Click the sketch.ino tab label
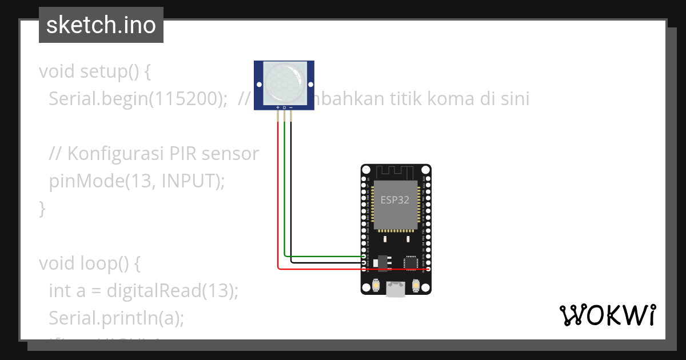pos(101,25)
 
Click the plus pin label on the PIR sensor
pos(278,107)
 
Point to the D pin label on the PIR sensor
pos(284,107)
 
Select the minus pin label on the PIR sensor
pos(291,107)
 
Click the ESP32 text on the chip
pos(395,200)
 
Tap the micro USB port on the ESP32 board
pos(396,290)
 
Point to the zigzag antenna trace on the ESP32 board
pos(396,171)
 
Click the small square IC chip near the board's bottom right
pos(410,262)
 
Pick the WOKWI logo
pos(608,315)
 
